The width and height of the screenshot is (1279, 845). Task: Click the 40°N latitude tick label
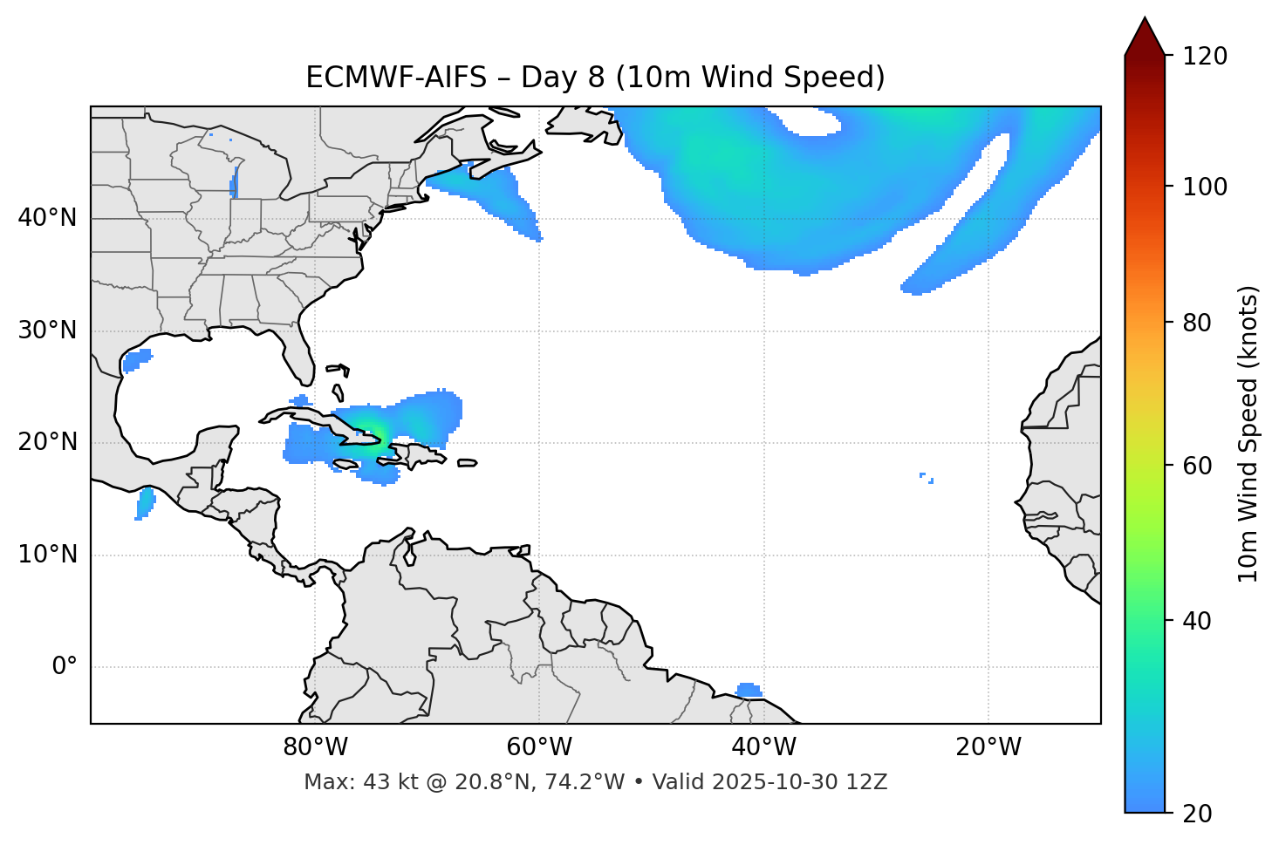pyautogui.click(x=47, y=218)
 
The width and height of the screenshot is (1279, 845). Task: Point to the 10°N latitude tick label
pyautogui.click(x=47, y=555)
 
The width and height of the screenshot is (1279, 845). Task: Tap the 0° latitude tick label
pyautogui.click(x=65, y=667)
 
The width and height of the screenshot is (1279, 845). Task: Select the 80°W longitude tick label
pyautogui.click(x=315, y=747)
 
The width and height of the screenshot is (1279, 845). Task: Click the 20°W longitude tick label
pyautogui.click(x=988, y=747)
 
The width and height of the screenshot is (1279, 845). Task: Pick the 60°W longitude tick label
pyautogui.click(x=539, y=747)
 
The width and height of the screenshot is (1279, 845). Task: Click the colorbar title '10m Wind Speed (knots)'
pyautogui.click(x=1248, y=433)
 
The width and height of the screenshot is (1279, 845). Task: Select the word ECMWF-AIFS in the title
pyautogui.click(x=396, y=78)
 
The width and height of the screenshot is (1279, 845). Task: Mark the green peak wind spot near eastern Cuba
pyautogui.click(x=368, y=430)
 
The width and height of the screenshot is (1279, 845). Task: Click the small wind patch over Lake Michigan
pyautogui.click(x=234, y=183)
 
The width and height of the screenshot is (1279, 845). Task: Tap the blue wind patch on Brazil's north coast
pyautogui.click(x=749, y=691)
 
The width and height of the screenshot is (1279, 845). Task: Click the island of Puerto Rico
pyautogui.click(x=468, y=463)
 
